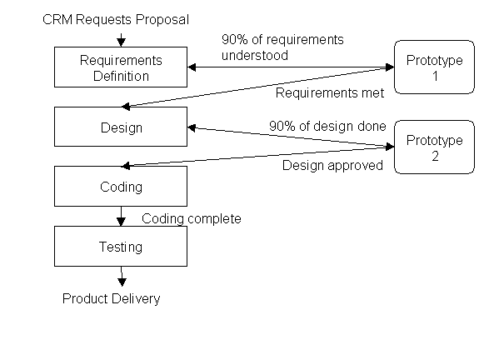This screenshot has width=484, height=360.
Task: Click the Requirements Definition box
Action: click(x=121, y=67)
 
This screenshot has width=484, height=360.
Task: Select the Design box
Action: click(x=121, y=127)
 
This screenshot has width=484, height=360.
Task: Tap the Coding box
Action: click(x=121, y=186)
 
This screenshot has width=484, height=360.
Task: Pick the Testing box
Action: click(x=121, y=246)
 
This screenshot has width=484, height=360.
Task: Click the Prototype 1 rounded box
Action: click(x=434, y=67)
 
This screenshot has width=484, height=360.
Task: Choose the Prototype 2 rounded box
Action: click(x=434, y=147)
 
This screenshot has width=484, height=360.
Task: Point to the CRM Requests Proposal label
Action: click(x=116, y=20)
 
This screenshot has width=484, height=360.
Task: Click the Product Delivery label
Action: click(x=111, y=299)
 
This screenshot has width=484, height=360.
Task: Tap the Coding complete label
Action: click(x=192, y=219)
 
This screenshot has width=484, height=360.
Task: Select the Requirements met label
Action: click(x=330, y=93)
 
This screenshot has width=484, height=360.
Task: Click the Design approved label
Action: click(x=332, y=166)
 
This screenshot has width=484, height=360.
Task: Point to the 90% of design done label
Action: click(x=327, y=127)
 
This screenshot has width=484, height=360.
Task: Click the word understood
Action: click(x=255, y=56)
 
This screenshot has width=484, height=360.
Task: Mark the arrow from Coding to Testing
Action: click(x=121, y=216)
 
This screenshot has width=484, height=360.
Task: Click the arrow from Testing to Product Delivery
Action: click(x=122, y=277)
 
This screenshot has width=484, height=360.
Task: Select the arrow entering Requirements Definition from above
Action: click(x=122, y=40)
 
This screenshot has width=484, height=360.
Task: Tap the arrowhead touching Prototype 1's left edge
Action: click(x=390, y=67)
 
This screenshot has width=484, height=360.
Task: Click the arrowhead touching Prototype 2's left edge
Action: click(x=390, y=147)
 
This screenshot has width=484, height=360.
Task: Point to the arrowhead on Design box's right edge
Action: click(x=192, y=127)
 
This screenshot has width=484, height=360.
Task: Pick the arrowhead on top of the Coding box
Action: click(x=126, y=166)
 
